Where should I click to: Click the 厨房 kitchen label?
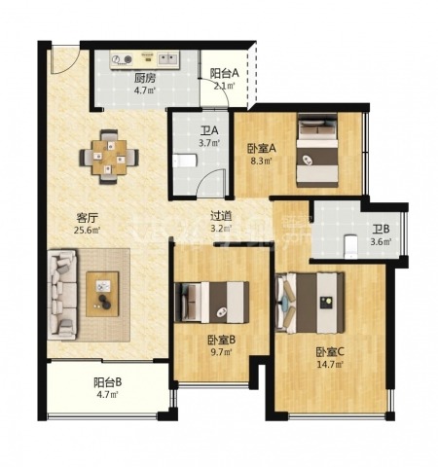(145, 78)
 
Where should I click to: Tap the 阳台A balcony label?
(224, 74)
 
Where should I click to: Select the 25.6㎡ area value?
(87, 231)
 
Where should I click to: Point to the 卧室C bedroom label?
(330, 351)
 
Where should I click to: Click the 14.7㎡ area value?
(330, 365)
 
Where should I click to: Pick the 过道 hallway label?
(221, 216)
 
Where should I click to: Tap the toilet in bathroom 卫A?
(184, 161)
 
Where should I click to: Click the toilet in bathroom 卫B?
(350, 246)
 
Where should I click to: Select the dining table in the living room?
(109, 157)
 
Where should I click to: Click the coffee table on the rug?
(102, 294)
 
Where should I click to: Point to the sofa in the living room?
(62, 295)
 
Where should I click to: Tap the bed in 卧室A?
(317, 150)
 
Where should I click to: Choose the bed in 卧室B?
(212, 302)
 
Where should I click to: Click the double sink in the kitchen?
(168, 59)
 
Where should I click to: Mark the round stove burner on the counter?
(128, 59)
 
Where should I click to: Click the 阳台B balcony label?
(108, 382)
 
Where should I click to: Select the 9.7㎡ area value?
(222, 352)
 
